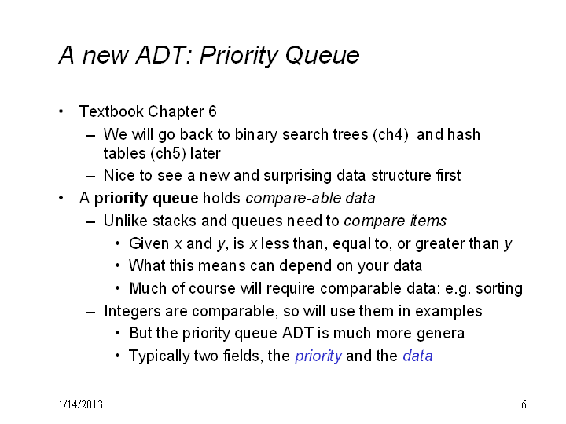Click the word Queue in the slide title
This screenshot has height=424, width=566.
pyautogui.click(x=322, y=56)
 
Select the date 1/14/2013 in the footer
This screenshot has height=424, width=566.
pyautogui.click(x=81, y=404)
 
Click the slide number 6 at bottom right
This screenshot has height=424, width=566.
pyautogui.click(x=524, y=404)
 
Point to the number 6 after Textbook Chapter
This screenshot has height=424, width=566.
pyautogui.click(x=212, y=111)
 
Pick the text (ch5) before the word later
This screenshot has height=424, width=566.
pyautogui.click(x=168, y=154)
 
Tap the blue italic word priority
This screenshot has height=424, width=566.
pyautogui.click(x=318, y=356)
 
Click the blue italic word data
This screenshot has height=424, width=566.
pyautogui.click(x=417, y=356)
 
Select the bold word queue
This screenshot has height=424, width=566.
pyautogui.click(x=175, y=199)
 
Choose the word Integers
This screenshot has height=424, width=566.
pyautogui.click(x=130, y=312)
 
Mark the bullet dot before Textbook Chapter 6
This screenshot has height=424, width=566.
pyautogui.click(x=61, y=111)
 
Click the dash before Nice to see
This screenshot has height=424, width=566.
pyautogui.click(x=91, y=177)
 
